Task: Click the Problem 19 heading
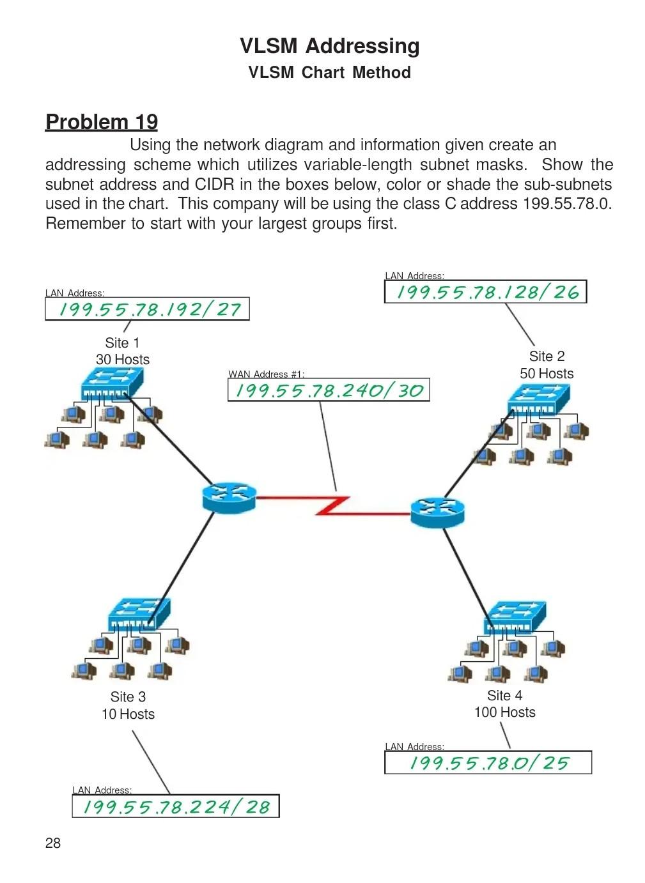[102, 122]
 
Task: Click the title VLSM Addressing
[330, 46]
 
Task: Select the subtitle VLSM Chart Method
[330, 73]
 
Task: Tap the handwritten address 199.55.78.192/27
[150, 309]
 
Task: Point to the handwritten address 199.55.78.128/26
[488, 292]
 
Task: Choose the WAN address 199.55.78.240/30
[329, 390]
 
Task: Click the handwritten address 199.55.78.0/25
[489, 763]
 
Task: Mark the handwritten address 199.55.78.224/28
[176, 806]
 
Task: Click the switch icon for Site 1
[112, 382]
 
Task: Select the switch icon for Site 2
[538, 399]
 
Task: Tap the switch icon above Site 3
[139, 614]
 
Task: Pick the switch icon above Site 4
[515, 618]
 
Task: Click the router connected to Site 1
[229, 498]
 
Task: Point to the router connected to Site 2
[437, 512]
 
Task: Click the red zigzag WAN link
[333, 506]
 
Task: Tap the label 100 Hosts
[504, 712]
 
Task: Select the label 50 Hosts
[547, 373]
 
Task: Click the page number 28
[53, 843]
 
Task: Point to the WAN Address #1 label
[267, 374]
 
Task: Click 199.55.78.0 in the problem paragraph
[567, 204]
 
